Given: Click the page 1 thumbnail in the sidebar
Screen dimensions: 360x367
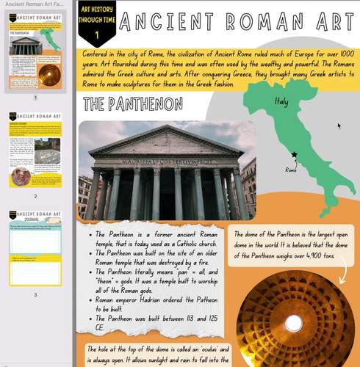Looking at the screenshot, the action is (35, 56).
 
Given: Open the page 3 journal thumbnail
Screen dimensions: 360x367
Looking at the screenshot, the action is (35, 250).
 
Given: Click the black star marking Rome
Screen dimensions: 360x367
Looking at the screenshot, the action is (294, 155).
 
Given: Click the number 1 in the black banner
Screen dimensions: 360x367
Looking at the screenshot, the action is (96, 35).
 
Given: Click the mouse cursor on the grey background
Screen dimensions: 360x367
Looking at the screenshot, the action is (339, 126).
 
